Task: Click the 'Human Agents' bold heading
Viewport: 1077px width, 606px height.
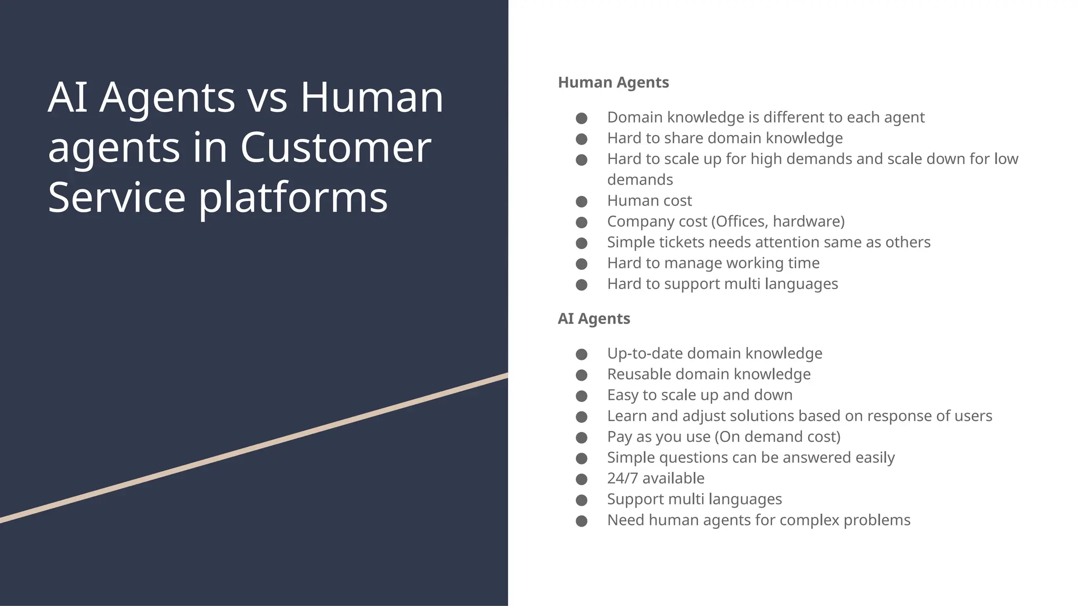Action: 613,83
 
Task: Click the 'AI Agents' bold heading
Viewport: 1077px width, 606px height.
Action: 594,319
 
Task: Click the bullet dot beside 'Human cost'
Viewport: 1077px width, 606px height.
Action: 582,201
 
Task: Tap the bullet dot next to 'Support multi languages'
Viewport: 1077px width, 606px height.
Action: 582,500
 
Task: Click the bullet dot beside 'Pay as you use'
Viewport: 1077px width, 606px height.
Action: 582,437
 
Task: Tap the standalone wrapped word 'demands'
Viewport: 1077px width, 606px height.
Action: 640,180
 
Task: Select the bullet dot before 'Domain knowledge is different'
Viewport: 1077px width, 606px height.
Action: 582,118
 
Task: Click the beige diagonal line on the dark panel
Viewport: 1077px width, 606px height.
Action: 252,448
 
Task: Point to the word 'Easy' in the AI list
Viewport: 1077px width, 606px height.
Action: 623,395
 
